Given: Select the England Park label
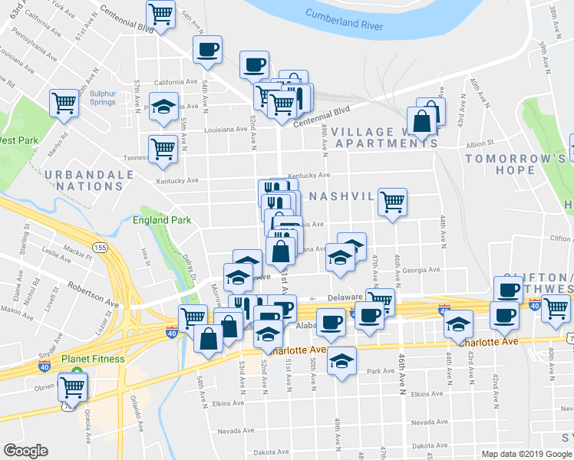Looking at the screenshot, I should click(x=161, y=220).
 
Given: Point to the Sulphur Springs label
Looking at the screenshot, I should click(x=102, y=98).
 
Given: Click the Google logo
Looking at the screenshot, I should click(x=26, y=450).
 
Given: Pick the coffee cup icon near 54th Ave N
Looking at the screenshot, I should click(x=207, y=50).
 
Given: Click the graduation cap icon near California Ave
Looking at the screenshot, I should click(x=164, y=107).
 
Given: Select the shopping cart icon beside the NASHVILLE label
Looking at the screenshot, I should click(x=392, y=202).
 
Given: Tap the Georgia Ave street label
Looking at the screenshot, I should click(x=423, y=270).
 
